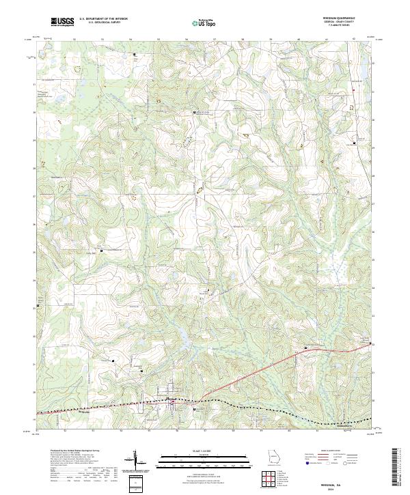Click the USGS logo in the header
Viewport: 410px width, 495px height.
coord(62,22)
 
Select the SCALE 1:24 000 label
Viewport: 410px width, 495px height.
coord(206,451)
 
